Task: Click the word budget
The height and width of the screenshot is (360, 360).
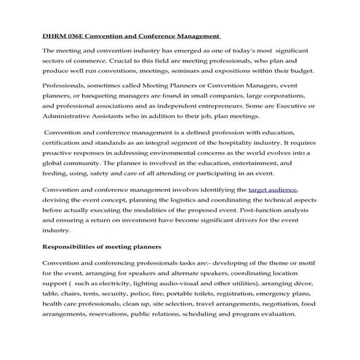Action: click(300, 71)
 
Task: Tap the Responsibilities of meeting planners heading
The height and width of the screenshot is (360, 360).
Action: click(101, 247)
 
